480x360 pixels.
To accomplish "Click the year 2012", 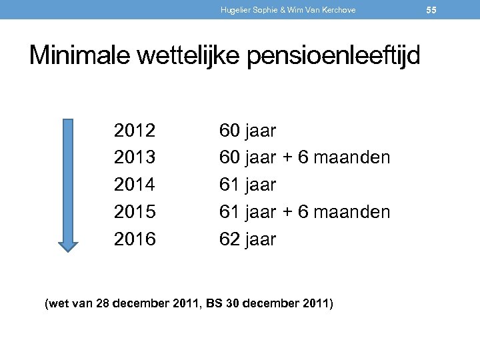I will [x=135, y=131].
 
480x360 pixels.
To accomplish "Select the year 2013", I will [x=135, y=158].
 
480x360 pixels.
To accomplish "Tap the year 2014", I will [x=135, y=185].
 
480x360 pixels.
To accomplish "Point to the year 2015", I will [x=135, y=212].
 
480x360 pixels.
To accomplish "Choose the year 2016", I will [x=135, y=239].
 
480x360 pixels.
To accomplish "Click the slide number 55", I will [x=449, y=10].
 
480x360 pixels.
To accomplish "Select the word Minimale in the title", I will [x=79, y=55].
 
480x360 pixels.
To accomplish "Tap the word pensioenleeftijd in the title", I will [x=334, y=56].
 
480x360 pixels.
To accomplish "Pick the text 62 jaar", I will [x=248, y=239].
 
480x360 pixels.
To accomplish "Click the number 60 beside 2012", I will [x=230, y=131].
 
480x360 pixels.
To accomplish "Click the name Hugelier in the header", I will [x=235, y=10].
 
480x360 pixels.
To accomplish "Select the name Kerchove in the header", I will [x=339, y=10].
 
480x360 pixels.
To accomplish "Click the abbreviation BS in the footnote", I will [x=215, y=305].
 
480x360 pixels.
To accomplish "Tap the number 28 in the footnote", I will [x=103, y=305].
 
